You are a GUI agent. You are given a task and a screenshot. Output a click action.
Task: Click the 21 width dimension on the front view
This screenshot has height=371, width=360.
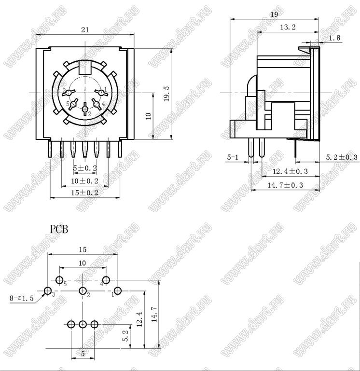point(85,30)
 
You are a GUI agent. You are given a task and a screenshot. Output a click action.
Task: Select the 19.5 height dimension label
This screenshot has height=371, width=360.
point(167,94)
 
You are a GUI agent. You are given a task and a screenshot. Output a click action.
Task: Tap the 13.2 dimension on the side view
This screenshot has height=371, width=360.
point(288,27)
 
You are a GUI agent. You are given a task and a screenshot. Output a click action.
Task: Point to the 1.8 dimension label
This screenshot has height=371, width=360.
point(335,38)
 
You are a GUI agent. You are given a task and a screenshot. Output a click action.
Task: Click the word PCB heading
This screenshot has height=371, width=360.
point(59,229)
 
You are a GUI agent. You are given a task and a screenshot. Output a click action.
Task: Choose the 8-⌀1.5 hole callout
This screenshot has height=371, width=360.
point(22,298)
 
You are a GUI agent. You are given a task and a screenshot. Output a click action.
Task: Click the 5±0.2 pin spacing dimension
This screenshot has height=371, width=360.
point(85,168)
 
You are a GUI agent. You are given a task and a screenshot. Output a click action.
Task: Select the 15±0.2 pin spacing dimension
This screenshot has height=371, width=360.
point(85,192)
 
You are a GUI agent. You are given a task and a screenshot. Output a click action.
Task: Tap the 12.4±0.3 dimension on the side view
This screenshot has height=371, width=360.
point(290,171)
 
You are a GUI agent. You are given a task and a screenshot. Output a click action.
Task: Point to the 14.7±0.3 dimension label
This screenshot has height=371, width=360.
point(285,185)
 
